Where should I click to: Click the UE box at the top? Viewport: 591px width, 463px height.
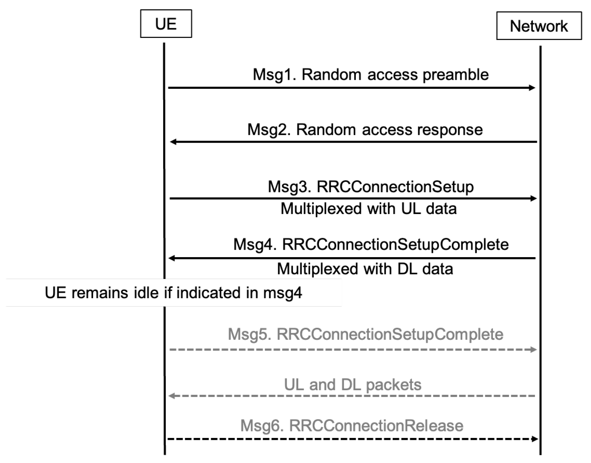pyautogui.click(x=166, y=24)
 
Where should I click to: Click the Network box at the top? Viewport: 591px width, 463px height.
pyautogui.click(x=539, y=26)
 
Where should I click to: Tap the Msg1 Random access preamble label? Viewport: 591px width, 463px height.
pyautogui.click(x=371, y=74)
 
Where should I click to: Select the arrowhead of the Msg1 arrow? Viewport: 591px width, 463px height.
pyautogui.click(x=532, y=88)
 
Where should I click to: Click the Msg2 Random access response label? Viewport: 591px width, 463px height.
pyautogui.click(x=365, y=130)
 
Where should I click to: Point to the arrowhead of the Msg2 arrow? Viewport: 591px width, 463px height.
pyautogui.click(x=173, y=142)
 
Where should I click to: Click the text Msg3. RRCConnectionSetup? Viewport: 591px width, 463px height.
pyautogui.click(x=371, y=187)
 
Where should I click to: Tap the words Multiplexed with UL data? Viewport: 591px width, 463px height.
pyautogui.click(x=368, y=209)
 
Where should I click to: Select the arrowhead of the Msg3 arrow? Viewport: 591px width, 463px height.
pyautogui.click(x=533, y=198)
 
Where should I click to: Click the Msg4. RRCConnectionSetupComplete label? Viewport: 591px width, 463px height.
pyautogui.click(x=371, y=244)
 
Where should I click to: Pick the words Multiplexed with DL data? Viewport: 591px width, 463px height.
pyautogui.click(x=365, y=269)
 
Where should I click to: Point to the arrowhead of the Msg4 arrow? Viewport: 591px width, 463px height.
pyautogui.click(x=172, y=258)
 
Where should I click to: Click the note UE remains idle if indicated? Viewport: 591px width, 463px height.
pyautogui.click(x=174, y=293)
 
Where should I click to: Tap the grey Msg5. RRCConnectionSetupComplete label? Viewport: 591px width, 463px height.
pyautogui.click(x=365, y=334)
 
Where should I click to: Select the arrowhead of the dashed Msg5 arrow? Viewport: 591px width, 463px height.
pyautogui.click(x=533, y=349)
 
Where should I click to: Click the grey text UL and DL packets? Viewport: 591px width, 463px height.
pyautogui.click(x=352, y=384)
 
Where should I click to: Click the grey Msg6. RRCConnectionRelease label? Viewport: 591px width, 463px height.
pyautogui.click(x=352, y=426)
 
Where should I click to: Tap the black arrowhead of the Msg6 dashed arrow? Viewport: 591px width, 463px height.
pyautogui.click(x=534, y=439)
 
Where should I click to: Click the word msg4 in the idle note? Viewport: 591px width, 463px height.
pyautogui.click(x=282, y=293)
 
